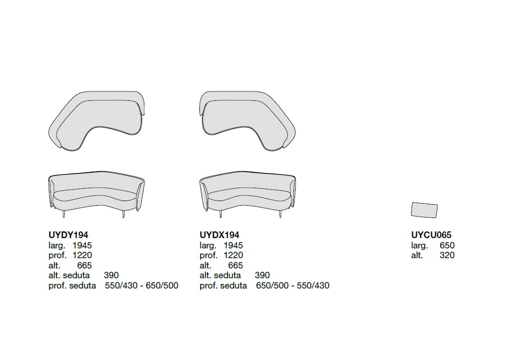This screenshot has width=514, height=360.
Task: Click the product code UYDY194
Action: tap(68, 235)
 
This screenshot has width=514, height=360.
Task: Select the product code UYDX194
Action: tap(219, 235)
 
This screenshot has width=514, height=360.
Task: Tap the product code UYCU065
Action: tap(431, 235)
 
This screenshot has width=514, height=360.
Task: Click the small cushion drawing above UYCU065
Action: tap(424, 210)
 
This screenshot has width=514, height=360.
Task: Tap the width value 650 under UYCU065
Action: tap(447, 245)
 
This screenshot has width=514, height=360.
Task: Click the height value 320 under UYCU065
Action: tap(447, 255)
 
